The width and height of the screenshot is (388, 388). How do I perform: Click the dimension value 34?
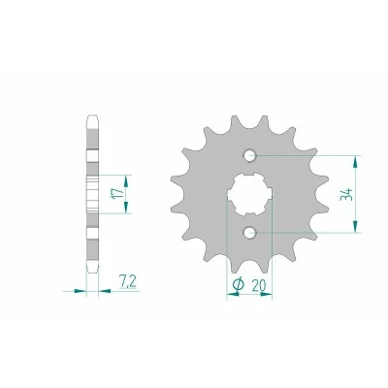(346, 194)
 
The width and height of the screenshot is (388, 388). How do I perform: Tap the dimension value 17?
(119, 193)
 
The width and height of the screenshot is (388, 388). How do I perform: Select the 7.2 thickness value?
(127, 281)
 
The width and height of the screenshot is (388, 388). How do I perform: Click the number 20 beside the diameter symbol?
(258, 285)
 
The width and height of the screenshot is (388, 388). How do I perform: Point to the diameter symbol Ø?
(238, 284)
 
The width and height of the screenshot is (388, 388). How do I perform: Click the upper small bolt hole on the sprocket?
(249, 155)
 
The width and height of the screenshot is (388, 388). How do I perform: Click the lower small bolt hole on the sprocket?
(249, 232)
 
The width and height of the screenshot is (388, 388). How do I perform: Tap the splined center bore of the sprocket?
(249, 194)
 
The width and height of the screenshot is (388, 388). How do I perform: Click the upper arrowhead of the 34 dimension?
(355, 161)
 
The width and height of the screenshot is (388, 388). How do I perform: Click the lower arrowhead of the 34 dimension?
(355, 226)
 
